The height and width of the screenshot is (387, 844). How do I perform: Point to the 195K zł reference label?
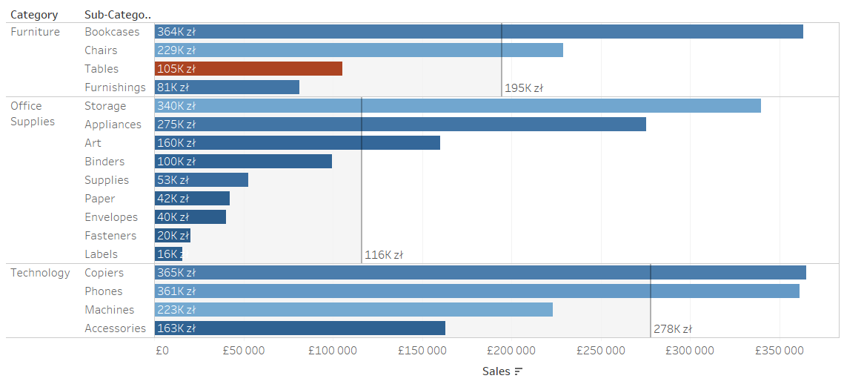pos(524,88)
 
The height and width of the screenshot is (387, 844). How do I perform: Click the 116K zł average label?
pos(384,255)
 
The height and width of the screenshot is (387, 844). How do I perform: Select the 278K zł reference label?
pos(673,329)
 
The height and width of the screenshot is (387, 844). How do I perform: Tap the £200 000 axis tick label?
pos(512,351)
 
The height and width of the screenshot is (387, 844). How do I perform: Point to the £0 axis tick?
pos(162,351)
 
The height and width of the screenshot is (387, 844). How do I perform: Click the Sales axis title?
pos(496,371)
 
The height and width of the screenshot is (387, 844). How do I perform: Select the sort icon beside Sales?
pos(519,371)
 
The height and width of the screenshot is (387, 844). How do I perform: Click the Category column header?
pos(34,15)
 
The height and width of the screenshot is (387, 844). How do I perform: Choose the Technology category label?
pos(40,273)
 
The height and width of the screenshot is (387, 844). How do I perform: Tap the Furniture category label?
pos(35,32)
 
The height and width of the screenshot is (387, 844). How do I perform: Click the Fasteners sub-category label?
pos(110,236)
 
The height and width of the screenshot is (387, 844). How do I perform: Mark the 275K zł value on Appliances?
pos(176,125)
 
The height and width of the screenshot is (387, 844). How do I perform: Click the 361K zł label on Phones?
pos(176,291)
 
